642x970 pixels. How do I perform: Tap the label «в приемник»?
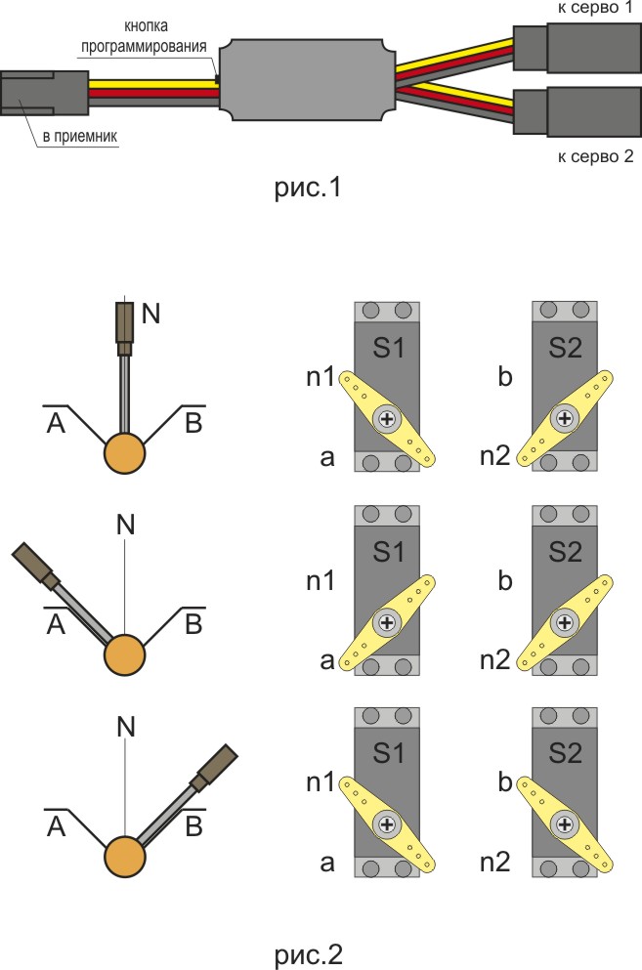coord(79,137)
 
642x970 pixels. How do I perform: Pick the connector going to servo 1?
coord(576,45)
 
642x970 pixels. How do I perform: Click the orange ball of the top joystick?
coord(125,453)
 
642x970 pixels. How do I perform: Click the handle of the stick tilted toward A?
coord(33,566)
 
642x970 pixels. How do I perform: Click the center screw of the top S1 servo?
coord(388,420)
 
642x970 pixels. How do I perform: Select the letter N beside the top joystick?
coord(150,314)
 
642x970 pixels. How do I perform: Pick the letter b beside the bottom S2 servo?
coord(505,781)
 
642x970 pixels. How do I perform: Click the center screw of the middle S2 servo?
coord(564,621)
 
